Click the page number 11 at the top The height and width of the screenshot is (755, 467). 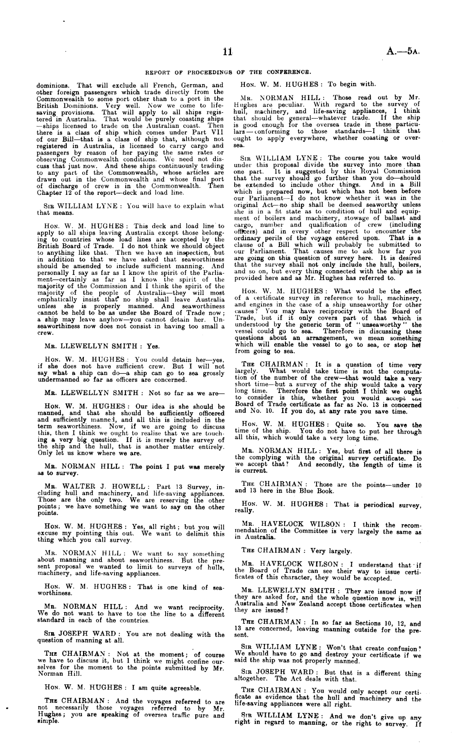pyautogui.click(x=228, y=52)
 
